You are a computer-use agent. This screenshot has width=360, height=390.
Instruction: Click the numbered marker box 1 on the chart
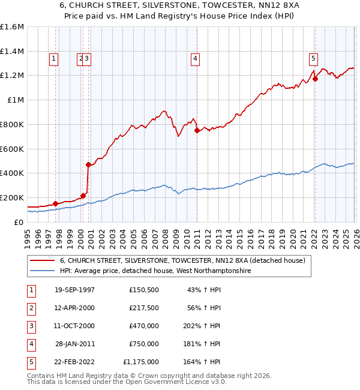[54, 58]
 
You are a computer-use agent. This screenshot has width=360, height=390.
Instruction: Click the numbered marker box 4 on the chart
[196, 58]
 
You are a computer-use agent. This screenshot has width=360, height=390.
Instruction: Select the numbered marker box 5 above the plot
[313, 58]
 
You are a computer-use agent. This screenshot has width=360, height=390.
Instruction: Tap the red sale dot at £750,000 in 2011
[197, 130]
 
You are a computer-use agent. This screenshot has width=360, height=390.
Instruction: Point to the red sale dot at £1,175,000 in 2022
[315, 79]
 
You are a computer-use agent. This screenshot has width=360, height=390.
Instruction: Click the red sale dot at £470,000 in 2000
[88, 164]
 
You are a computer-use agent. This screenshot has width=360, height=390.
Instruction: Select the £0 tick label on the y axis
[19, 222]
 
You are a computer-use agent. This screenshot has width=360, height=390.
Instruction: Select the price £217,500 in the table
[143, 307]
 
